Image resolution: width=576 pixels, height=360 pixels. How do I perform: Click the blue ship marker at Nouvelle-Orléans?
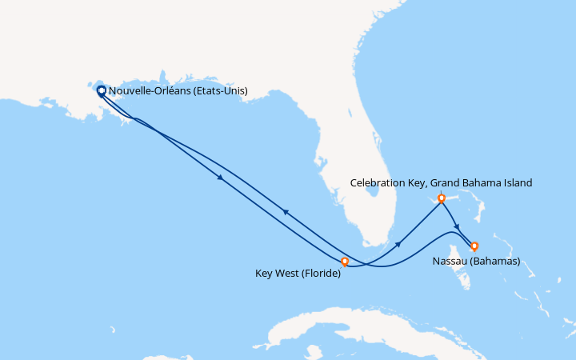tap(102, 90)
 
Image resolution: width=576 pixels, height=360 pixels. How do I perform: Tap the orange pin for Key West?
tap(345, 261)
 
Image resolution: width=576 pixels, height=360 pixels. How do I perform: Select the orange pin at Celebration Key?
tap(441, 197)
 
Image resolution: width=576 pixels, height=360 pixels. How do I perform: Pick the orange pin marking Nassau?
tap(474, 246)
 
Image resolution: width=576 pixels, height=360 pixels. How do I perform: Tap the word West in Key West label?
tap(291, 274)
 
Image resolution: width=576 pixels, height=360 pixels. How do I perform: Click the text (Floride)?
tap(323, 274)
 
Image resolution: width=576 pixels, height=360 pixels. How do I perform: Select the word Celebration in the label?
tap(380, 183)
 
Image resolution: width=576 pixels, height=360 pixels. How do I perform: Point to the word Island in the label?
tap(515, 183)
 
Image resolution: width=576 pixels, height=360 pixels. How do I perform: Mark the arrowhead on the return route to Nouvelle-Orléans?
tap(284, 211)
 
